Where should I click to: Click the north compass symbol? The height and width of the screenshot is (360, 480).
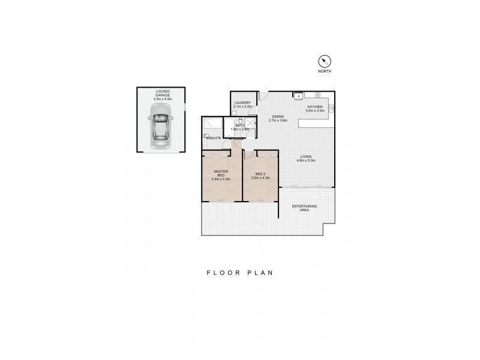[325, 61]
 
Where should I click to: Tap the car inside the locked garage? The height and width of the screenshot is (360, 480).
[160, 126]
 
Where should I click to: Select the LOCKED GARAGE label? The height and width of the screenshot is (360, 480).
[162, 93]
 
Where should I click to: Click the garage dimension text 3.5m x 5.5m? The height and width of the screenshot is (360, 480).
[162, 98]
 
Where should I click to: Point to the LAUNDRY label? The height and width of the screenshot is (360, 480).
[242, 103]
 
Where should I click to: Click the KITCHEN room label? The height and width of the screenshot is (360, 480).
[315, 107]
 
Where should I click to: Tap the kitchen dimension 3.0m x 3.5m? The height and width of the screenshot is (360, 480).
[315, 111]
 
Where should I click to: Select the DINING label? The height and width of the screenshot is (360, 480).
[278, 116]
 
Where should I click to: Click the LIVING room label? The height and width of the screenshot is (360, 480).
[307, 157]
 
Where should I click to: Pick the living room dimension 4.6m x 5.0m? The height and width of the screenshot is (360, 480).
[307, 161]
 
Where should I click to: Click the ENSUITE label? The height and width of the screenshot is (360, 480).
[214, 139]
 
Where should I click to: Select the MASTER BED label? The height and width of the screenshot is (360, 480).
[221, 173]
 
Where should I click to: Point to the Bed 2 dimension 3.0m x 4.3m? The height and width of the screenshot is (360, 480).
[260, 178]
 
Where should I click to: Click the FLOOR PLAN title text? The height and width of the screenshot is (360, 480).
[240, 272]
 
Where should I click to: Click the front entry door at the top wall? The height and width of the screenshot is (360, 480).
[263, 95]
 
